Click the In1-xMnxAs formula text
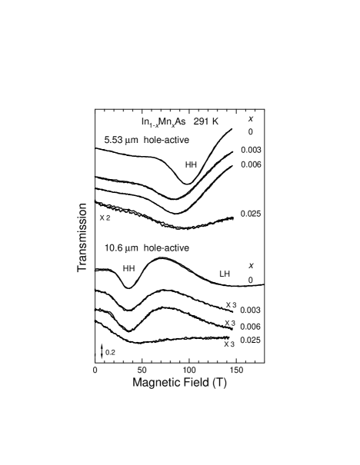164,122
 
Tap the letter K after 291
216,121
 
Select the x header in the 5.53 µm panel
251,118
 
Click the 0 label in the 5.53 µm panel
251,132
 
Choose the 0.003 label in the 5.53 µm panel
251,150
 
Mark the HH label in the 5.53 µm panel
191,164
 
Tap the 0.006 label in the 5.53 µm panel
251,164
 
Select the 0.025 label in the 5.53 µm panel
251,214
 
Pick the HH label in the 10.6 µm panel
128,268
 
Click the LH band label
225,274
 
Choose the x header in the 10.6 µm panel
251,265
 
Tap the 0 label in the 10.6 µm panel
251,281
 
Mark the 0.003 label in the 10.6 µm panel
250,310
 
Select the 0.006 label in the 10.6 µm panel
250,327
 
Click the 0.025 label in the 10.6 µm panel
250,340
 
